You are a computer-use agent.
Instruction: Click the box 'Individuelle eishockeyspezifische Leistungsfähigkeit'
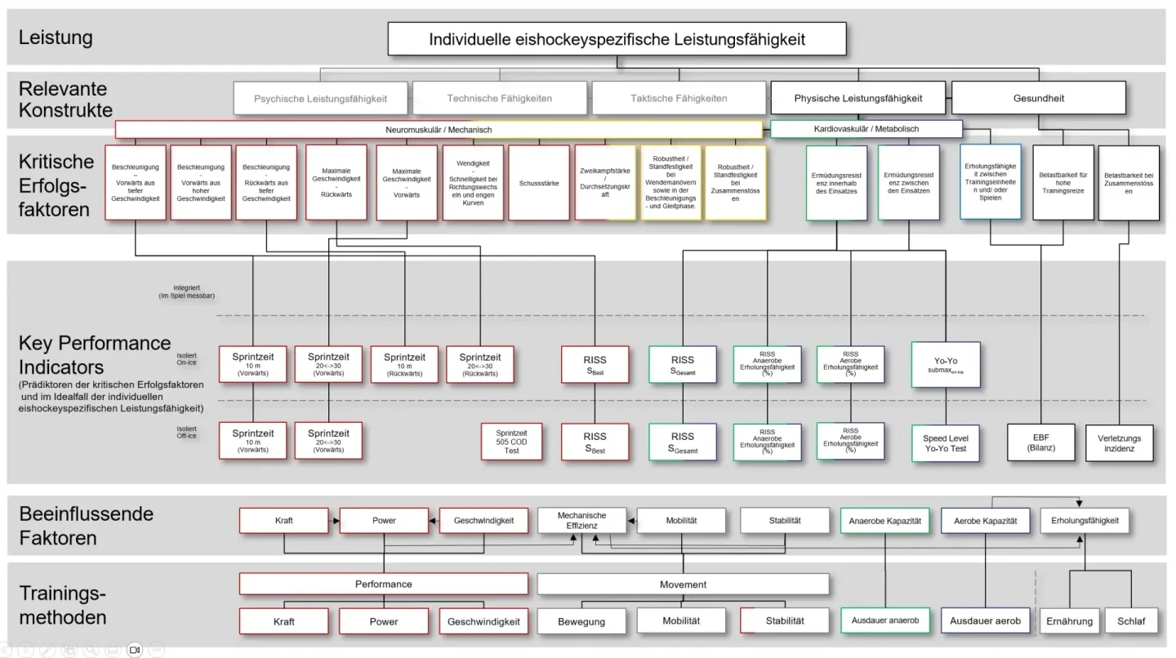617,39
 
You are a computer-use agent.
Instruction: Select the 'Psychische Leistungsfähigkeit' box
320,98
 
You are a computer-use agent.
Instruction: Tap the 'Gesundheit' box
1039,98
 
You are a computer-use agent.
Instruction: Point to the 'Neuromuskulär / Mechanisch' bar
439,130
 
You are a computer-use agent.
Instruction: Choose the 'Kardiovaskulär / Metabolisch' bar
866,129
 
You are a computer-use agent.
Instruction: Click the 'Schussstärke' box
539,183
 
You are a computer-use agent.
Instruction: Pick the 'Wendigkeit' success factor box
473,183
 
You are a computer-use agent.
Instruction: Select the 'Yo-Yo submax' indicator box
946,364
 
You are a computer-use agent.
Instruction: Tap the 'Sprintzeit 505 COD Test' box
512,441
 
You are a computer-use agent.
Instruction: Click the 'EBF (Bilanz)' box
1041,442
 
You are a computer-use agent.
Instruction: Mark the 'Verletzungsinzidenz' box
1119,442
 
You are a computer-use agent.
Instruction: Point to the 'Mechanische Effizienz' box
581,521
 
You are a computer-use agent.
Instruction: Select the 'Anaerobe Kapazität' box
885,521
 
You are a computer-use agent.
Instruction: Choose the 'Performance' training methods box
383,585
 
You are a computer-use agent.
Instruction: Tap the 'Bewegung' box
581,621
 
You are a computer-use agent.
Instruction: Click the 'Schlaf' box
1131,621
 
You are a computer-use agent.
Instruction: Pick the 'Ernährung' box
1069,621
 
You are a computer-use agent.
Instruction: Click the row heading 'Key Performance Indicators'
94,353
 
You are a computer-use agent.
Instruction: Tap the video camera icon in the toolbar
135,651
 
